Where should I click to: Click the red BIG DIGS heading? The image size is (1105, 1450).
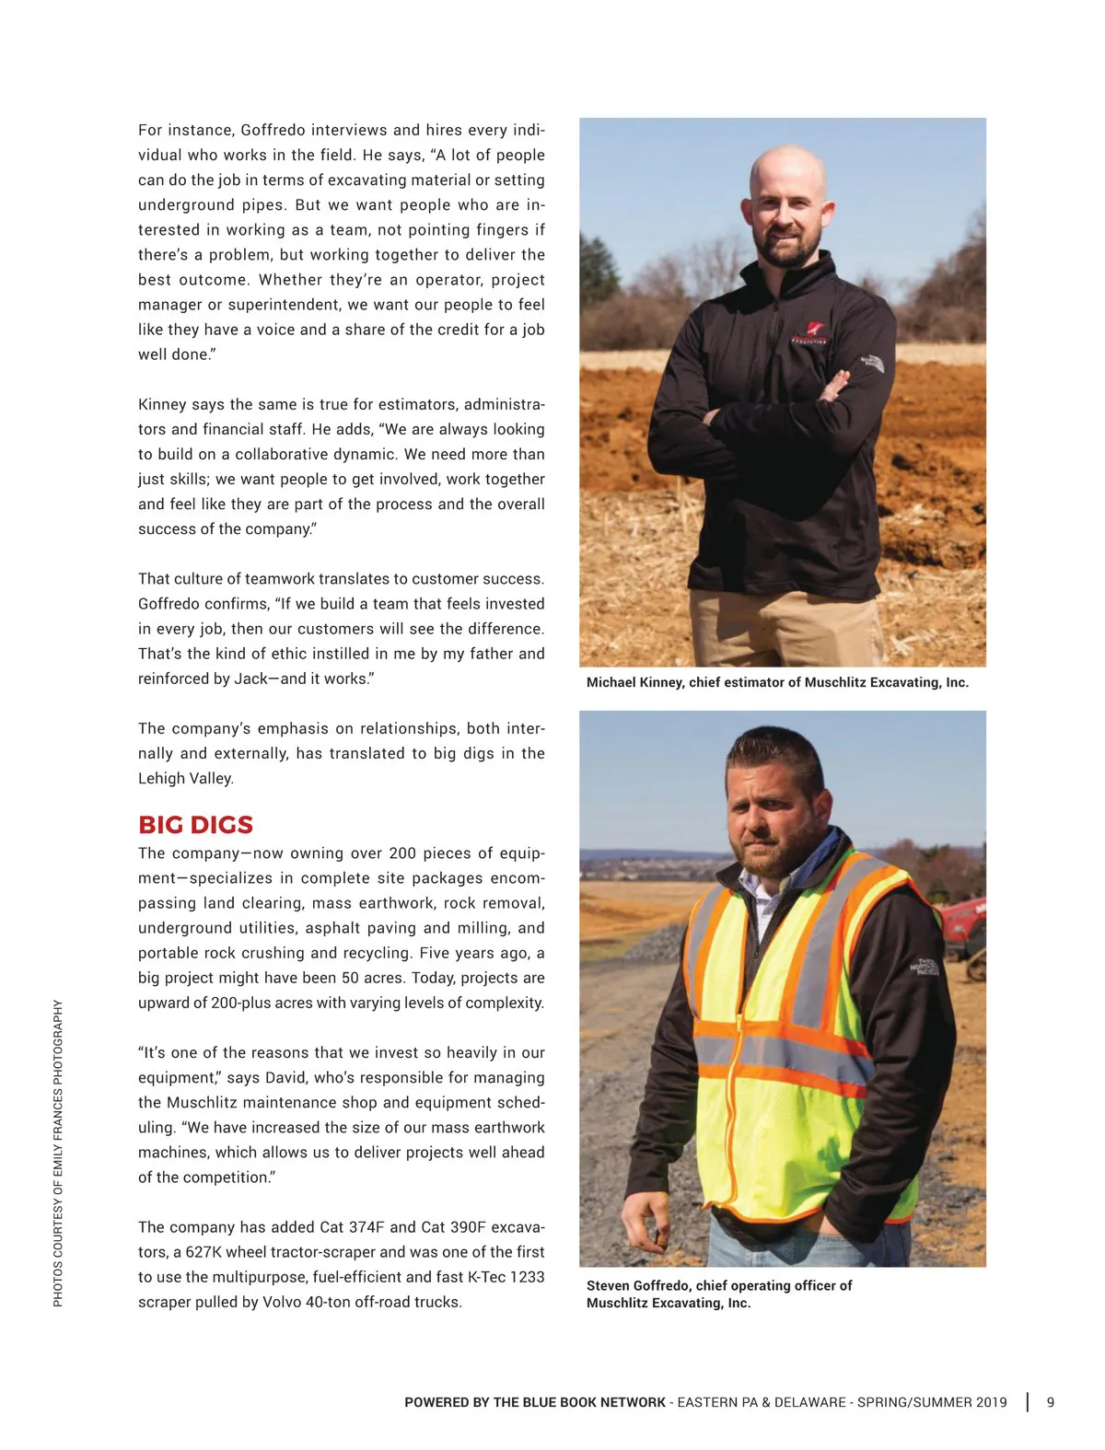pos(195,824)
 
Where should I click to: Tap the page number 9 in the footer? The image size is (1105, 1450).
pos(1051,1402)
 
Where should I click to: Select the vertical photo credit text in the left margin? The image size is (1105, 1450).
pos(58,1153)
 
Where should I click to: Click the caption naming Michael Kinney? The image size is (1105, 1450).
pos(777,682)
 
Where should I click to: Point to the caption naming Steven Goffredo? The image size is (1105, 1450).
pos(719,1293)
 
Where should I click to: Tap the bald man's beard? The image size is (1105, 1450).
pos(787,249)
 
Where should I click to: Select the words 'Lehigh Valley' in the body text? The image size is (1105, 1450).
pos(186,778)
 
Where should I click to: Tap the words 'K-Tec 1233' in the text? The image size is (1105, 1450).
pos(506,1277)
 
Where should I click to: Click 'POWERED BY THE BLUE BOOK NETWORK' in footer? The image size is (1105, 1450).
pos(535,1402)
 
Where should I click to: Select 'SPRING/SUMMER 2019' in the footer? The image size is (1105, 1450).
pos(932,1402)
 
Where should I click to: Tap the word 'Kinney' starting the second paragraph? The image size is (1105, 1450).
pos(162,404)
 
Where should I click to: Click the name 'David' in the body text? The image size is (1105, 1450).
pos(285,1077)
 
